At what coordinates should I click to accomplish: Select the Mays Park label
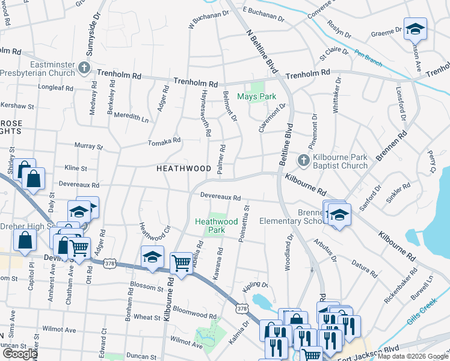tap(256, 96)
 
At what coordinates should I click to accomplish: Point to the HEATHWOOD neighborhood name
tap(183, 169)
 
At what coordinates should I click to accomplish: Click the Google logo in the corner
tap(20, 354)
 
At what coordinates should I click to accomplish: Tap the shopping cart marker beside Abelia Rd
tap(181, 264)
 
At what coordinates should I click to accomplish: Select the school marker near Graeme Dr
tap(415, 29)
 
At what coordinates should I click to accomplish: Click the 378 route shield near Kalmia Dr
tap(242, 309)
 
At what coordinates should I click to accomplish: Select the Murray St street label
tap(88, 146)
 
